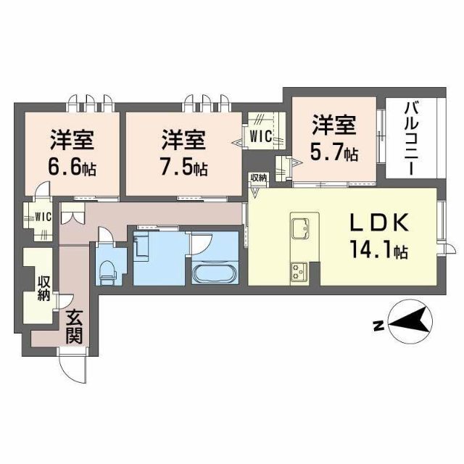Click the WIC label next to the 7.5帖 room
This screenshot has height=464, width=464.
[x=261, y=136]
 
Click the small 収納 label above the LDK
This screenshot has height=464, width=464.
[x=259, y=178]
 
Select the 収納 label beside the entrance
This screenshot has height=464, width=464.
[x=43, y=289]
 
